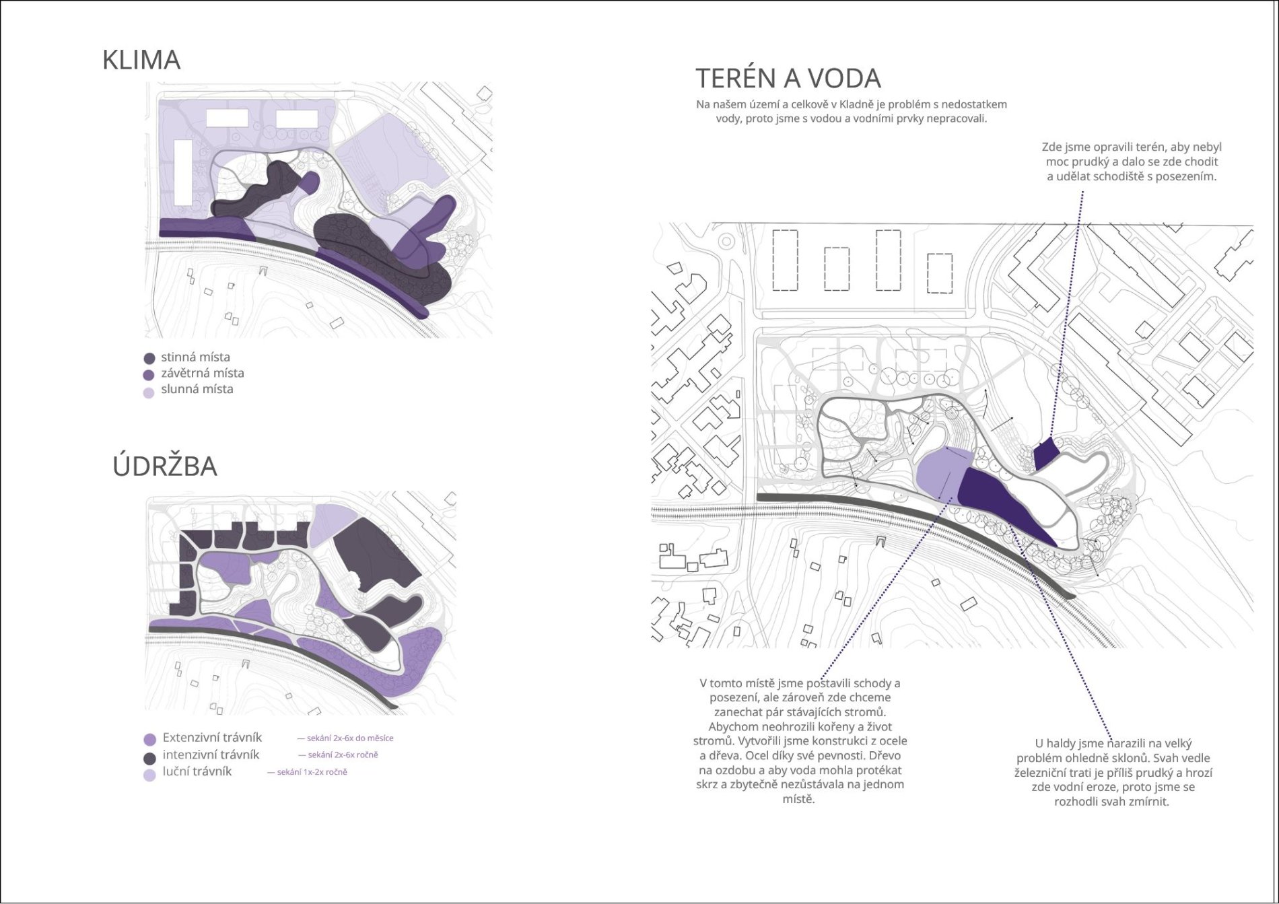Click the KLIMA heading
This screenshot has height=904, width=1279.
(141, 60)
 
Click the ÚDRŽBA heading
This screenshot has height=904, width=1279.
(165, 466)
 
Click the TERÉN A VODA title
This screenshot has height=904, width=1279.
(788, 79)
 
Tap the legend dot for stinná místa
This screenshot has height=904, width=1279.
(149, 358)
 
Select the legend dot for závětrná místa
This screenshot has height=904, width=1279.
(149, 374)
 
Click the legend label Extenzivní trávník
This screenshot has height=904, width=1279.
(212, 738)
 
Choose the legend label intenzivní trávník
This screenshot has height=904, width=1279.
(211, 755)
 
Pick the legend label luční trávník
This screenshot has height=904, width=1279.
(197, 771)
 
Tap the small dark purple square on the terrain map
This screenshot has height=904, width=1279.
(1045, 454)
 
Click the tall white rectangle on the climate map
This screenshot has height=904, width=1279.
(183, 172)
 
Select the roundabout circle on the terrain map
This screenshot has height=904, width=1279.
(726, 242)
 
